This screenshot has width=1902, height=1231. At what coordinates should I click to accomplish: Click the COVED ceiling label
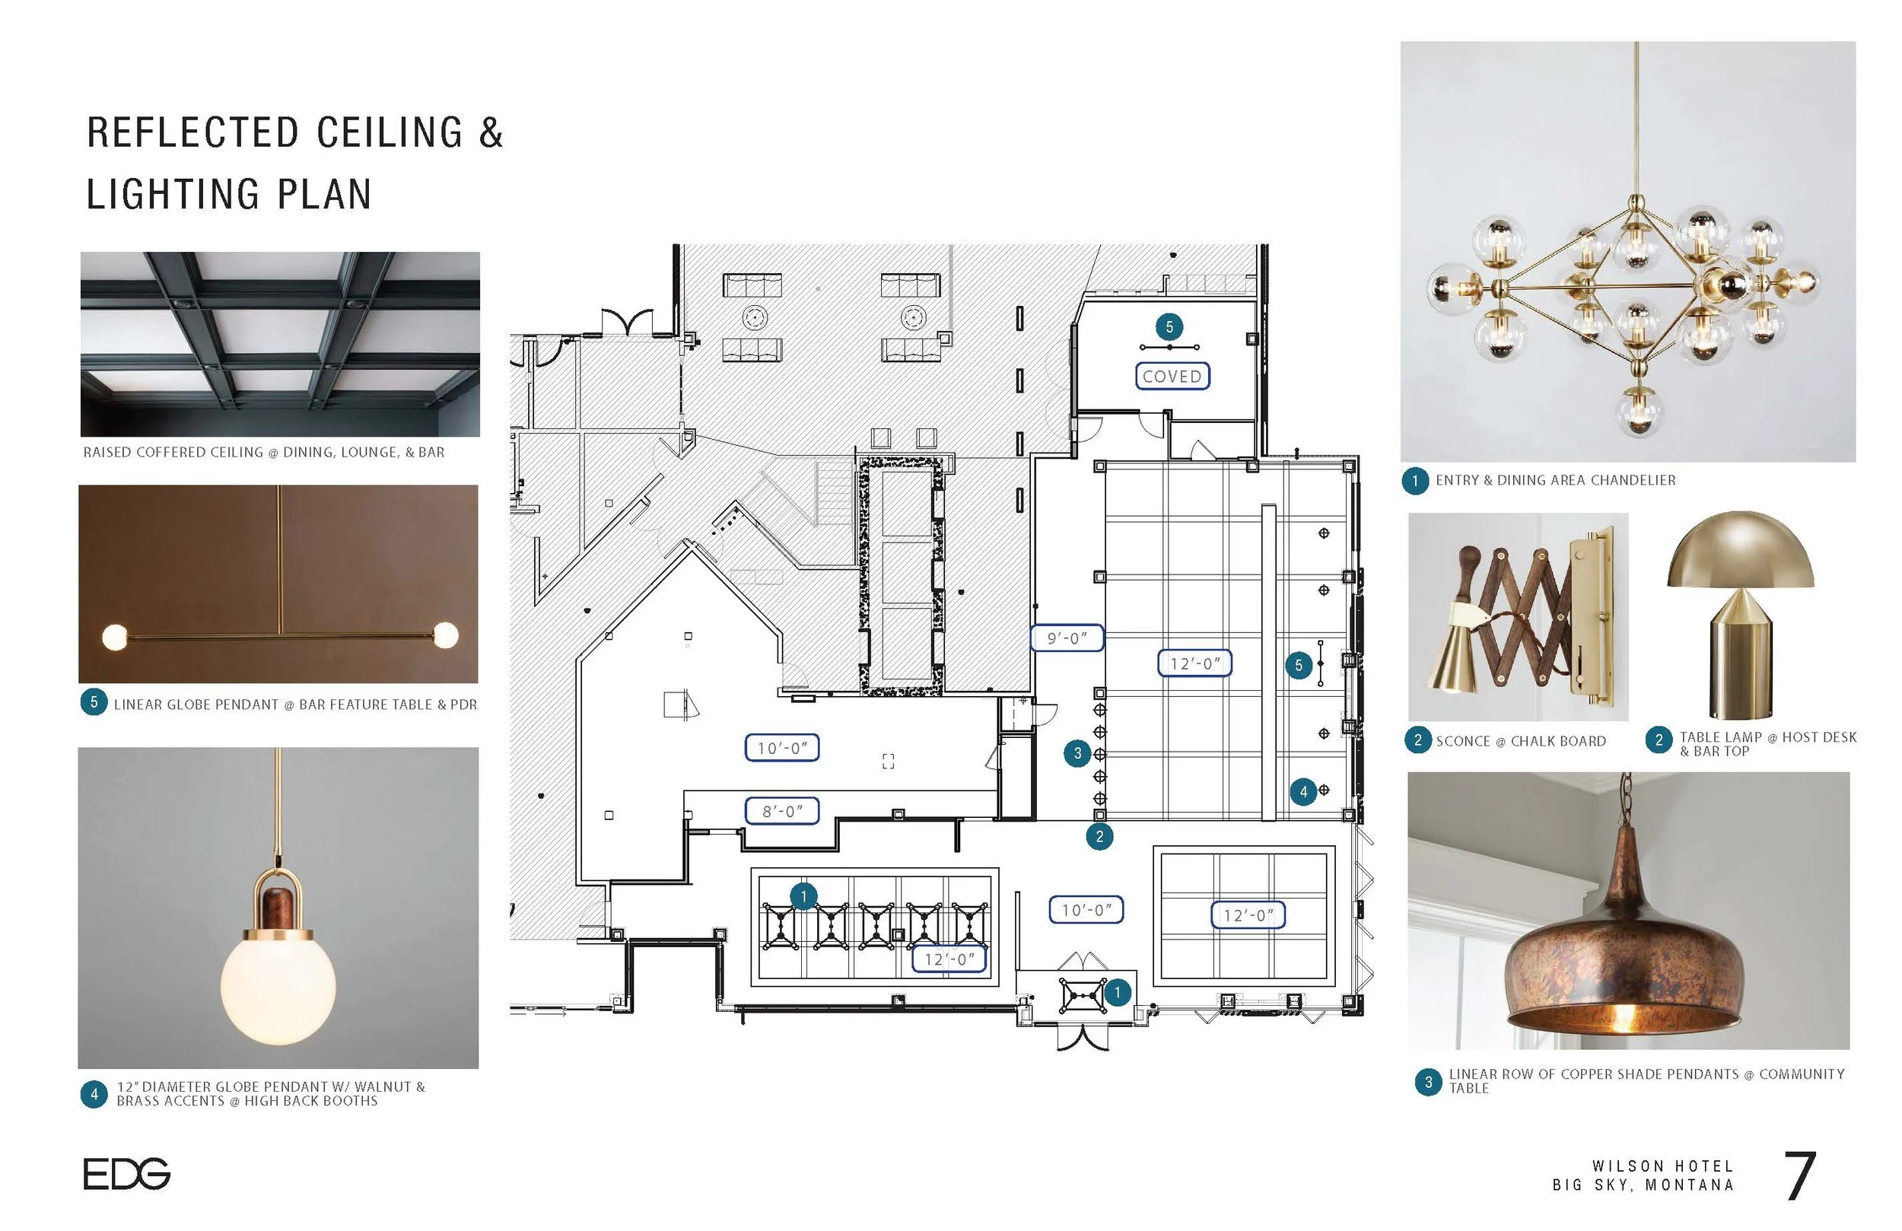tap(1172, 376)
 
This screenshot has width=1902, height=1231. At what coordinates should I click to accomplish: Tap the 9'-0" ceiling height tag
tap(1067, 638)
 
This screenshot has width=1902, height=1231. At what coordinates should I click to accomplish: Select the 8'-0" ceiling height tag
tap(781, 811)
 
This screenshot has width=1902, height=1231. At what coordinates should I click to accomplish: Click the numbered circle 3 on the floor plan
tap(1077, 753)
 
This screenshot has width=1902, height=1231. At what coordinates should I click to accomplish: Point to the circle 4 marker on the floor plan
tap(1303, 791)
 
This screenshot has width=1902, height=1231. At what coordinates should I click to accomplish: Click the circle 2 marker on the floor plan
tap(1099, 837)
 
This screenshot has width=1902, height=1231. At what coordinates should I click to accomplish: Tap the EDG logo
tap(126, 1173)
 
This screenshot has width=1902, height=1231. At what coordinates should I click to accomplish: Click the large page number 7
tap(1800, 1176)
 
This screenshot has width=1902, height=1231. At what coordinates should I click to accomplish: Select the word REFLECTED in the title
tap(192, 132)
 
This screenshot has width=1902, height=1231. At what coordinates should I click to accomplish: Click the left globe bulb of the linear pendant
tap(115, 637)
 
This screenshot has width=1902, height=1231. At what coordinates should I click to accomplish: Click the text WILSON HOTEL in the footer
tap(1662, 1166)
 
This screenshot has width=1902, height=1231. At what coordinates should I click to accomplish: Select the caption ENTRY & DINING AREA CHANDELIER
tap(1554, 480)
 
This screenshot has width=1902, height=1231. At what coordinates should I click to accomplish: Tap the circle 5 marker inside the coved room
tap(1169, 326)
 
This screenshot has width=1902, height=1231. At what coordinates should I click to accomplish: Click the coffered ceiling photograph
tap(280, 344)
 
